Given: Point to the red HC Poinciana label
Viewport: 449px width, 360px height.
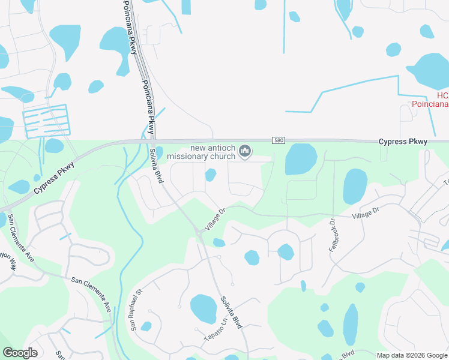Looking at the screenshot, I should point(430,100).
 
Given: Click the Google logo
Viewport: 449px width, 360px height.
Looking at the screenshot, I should point(20,353).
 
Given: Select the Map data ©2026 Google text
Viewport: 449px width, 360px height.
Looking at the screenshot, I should point(411,355).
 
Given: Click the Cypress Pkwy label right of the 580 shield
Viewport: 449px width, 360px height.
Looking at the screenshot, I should point(403,142).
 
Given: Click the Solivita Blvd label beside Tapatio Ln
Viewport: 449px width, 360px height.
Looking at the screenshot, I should point(231,313).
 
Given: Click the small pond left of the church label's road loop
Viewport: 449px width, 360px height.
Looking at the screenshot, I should point(210,175).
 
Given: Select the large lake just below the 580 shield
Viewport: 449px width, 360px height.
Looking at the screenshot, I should point(301,158).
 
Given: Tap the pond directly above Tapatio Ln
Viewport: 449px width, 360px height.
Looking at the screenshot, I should point(203,308).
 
